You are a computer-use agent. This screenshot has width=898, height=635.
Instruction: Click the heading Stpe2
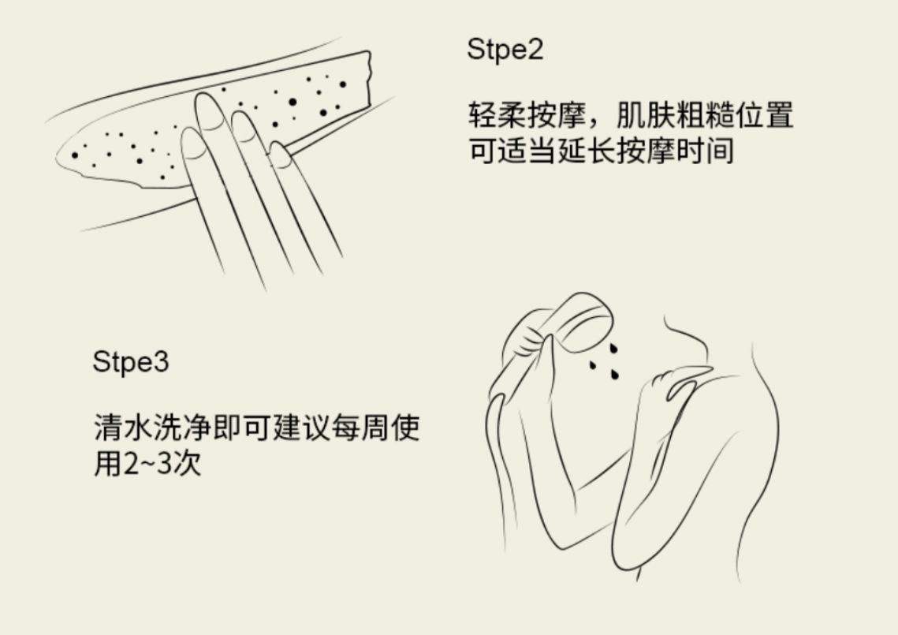click(505, 49)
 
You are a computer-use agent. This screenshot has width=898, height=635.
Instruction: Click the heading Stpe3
click(131, 362)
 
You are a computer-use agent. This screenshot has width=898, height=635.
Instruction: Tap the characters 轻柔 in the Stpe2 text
click(497, 115)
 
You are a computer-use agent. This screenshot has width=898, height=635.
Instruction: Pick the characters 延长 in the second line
click(587, 151)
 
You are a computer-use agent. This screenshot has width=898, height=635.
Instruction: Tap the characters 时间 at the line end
click(705, 151)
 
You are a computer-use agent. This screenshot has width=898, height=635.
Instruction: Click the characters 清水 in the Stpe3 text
click(122, 427)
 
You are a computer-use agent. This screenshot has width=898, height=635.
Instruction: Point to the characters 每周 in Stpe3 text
click(361, 427)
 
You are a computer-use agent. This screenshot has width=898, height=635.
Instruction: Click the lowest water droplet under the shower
click(614, 374)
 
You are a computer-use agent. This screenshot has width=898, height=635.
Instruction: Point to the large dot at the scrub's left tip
click(74, 155)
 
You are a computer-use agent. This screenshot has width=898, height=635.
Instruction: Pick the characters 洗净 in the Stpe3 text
click(182, 427)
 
